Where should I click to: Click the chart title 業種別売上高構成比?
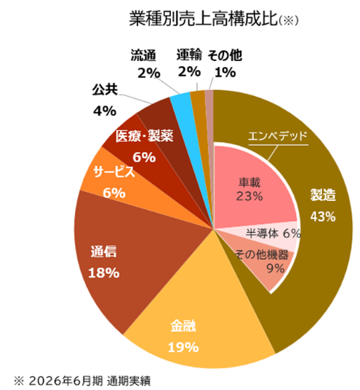point(203,18)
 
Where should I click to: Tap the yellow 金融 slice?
point(199,311)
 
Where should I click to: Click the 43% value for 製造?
point(323,217)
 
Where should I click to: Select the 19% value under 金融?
point(183,348)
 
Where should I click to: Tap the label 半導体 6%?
point(273,234)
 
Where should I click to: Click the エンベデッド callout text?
point(278,136)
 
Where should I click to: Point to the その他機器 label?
point(262,255)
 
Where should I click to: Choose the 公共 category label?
point(105,89)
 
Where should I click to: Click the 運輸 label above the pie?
point(189,55)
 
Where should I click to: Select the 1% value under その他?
point(225,72)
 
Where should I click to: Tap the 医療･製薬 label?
point(144,136)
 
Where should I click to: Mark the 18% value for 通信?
point(104,273)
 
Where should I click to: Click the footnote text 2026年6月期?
point(66,381)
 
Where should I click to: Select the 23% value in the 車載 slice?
point(249,196)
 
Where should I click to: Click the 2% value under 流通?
point(149,73)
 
